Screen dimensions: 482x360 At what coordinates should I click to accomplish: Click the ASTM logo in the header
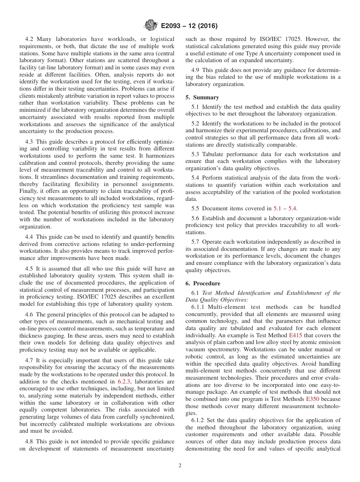(x=150, y=26)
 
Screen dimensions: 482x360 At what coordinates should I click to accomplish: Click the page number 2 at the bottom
(x=180, y=466)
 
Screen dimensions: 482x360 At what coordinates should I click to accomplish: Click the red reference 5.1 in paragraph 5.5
(x=277, y=208)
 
